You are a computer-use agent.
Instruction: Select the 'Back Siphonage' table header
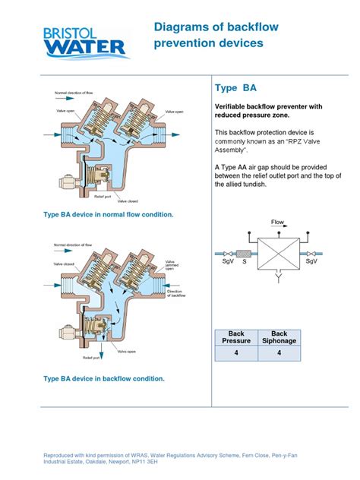click(279, 338)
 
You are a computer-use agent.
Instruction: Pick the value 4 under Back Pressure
click(235, 353)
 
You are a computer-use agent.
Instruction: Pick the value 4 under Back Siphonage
click(279, 353)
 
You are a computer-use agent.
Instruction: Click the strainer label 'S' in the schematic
click(244, 263)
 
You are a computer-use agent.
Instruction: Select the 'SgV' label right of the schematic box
click(311, 261)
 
